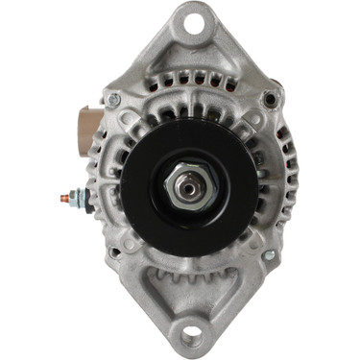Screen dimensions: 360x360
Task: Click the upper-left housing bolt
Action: click(114, 98)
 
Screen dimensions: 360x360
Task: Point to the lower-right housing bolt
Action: click(269, 255)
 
